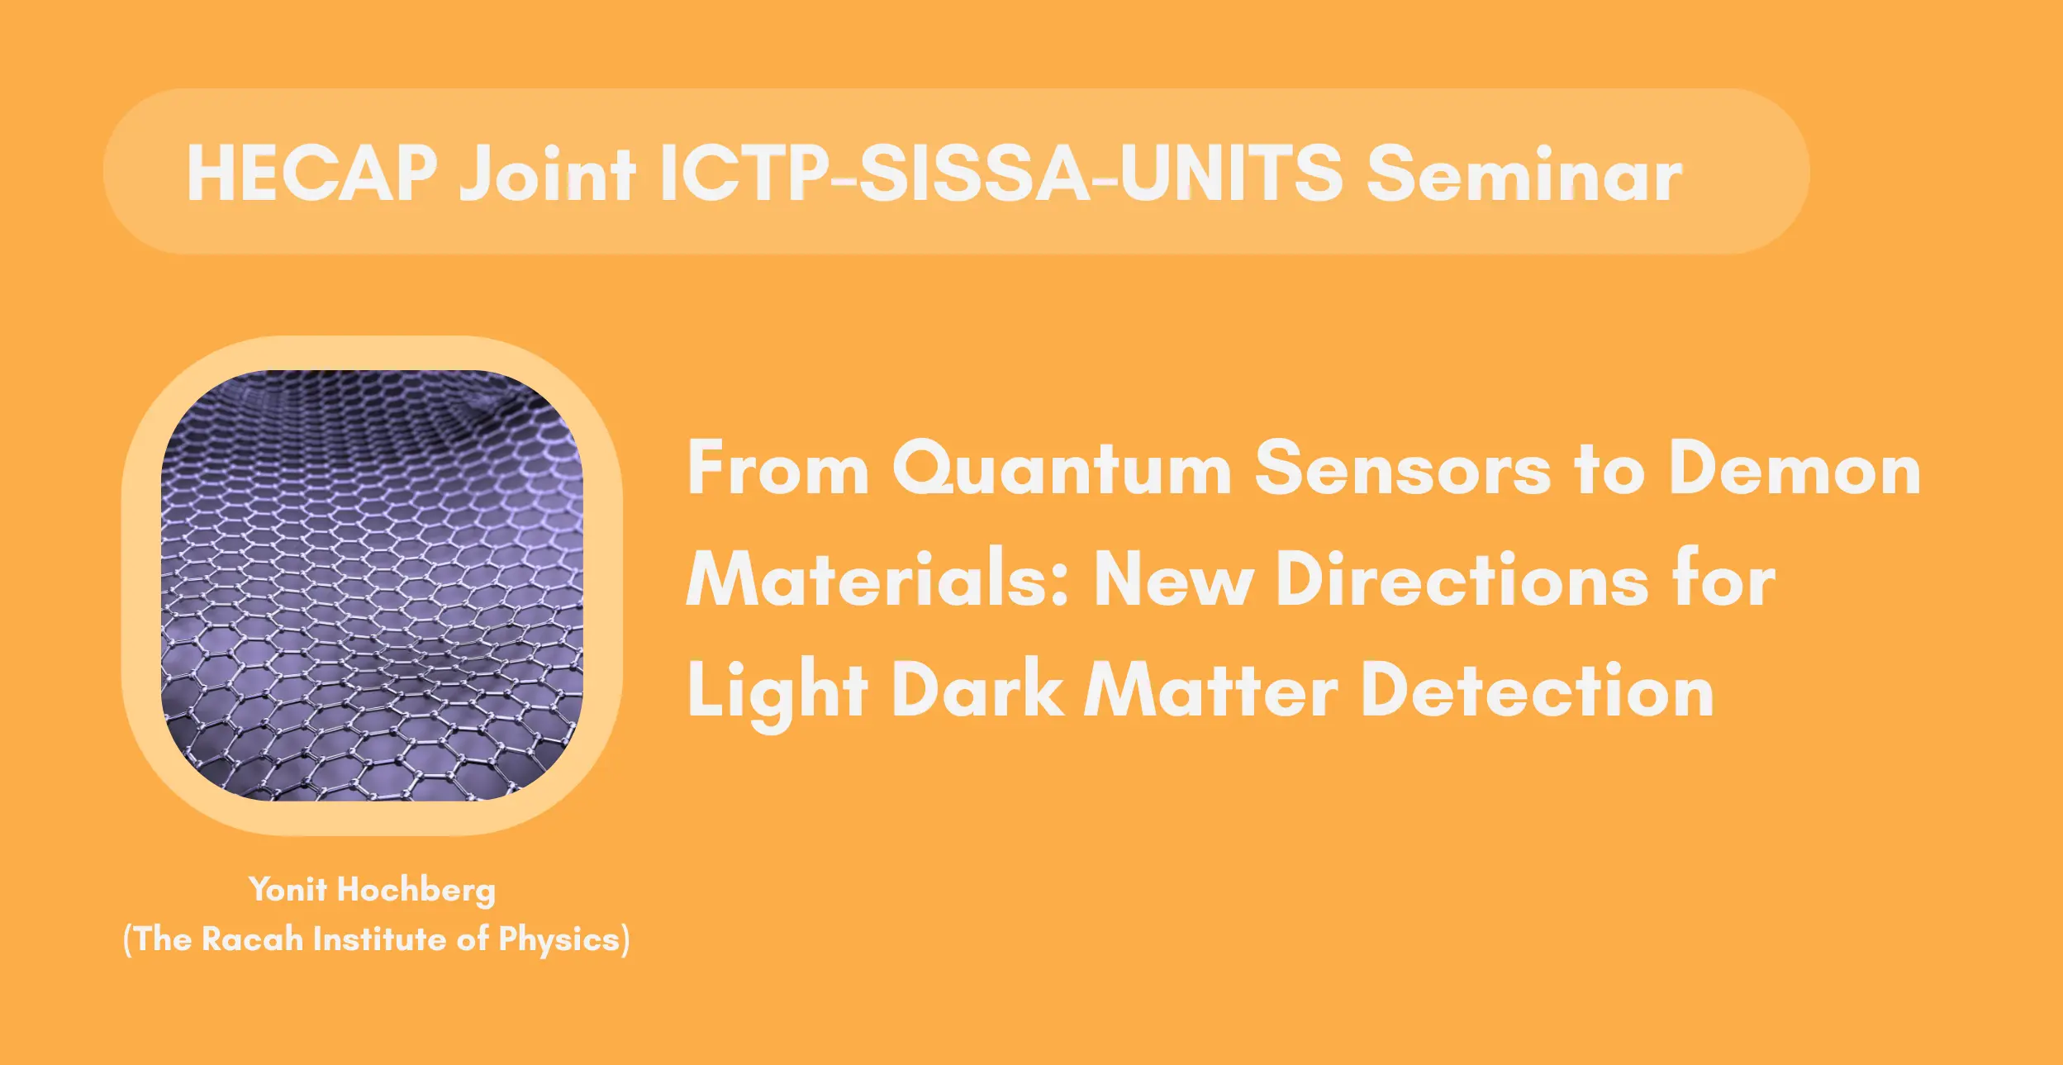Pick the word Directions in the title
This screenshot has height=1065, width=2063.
point(1463,578)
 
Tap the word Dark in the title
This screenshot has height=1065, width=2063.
point(977,689)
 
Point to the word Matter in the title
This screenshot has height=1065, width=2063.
point(1210,689)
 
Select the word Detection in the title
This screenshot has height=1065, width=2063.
point(1537,689)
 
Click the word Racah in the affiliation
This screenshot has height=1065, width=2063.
point(252,939)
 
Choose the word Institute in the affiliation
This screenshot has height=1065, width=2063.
point(379,939)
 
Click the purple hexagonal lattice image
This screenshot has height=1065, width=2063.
point(372,585)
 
